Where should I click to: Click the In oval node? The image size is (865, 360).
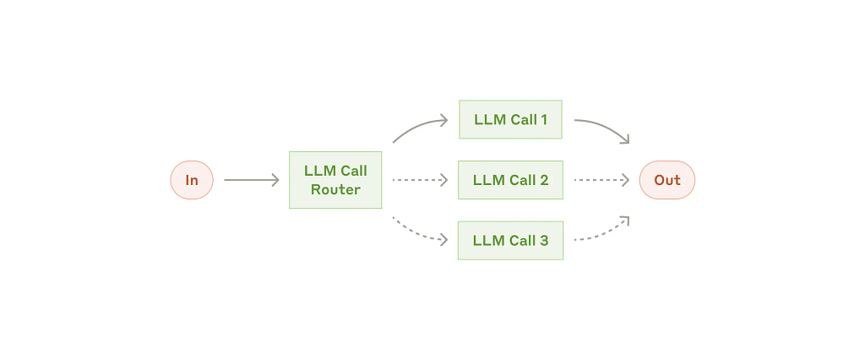tap(192, 180)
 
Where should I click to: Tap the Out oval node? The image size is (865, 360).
tap(667, 180)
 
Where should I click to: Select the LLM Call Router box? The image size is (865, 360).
tap(335, 180)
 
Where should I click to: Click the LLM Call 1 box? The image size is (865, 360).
tap(510, 119)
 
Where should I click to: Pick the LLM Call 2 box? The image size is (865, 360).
tap(510, 180)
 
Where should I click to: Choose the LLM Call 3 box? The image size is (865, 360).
tap(510, 241)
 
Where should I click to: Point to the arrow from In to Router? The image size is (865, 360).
tap(252, 180)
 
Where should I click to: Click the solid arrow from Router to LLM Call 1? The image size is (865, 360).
tap(418, 126)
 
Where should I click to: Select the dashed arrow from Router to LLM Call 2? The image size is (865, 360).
tap(420, 180)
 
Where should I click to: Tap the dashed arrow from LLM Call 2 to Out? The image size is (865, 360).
tap(601, 180)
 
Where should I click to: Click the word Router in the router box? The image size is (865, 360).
tap(335, 189)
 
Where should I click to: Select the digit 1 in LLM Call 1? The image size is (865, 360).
tap(543, 119)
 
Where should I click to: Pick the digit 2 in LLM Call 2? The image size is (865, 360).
tap(544, 180)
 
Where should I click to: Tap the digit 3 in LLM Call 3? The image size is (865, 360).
tap(544, 241)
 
